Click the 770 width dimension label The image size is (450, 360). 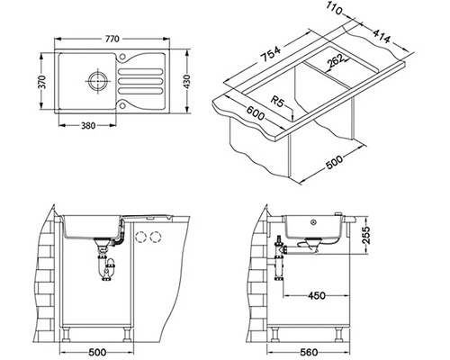[x=112, y=39]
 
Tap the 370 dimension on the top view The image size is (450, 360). [x=43, y=82]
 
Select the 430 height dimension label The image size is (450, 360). [x=187, y=82]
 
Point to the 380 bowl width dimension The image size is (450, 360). [x=88, y=125]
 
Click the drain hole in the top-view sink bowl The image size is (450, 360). [x=98, y=80]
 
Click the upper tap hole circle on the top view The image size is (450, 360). [x=122, y=57]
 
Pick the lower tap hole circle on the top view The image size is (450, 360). [x=122, y=106]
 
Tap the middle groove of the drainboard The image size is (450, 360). [x=140, y=81]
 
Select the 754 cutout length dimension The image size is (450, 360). [x=271, y=54]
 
